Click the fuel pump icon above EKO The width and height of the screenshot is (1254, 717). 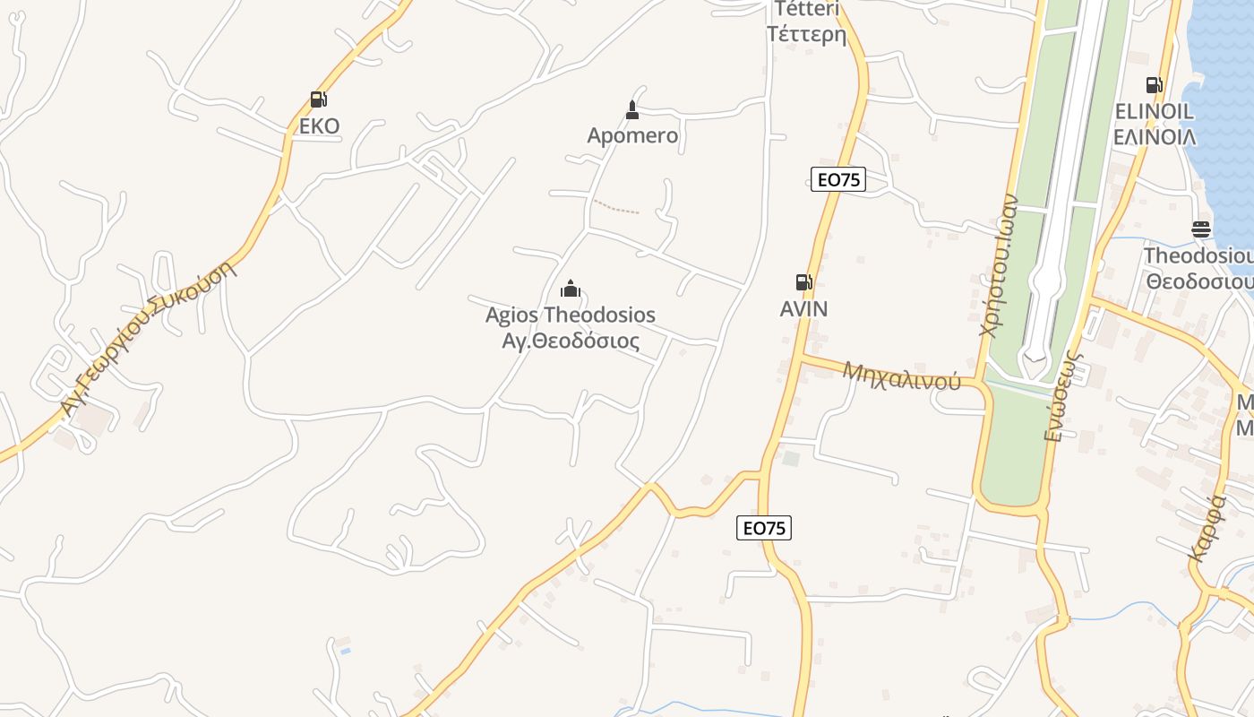coord(318,99)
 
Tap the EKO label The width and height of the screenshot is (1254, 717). coord(319,125)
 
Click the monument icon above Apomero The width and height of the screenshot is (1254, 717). coord(632,110)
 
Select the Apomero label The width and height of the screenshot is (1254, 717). coord(632,136)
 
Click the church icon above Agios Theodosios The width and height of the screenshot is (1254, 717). coord(571,289)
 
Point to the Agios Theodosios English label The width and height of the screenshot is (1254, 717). coord(571,315)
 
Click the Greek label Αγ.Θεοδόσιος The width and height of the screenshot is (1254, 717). coord(571,341)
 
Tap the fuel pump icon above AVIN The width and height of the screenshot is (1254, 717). coord(803,282)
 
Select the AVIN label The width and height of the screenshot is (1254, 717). coord(803,309)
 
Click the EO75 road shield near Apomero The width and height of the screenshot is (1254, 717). coord(838,179)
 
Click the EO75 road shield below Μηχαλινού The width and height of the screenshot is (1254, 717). coord(764,528)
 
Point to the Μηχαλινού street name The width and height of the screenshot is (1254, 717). coord(901,376)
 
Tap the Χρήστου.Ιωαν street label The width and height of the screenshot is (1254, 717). coord(999,266)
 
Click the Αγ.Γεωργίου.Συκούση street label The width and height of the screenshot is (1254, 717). coord(149,339)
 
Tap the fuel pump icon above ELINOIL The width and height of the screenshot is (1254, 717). coord(1154,85)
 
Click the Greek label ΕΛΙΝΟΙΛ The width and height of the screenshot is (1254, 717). coord(1154,137)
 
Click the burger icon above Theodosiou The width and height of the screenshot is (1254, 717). coord(1201,229)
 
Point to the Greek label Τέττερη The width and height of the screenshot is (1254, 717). coord(806,35)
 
